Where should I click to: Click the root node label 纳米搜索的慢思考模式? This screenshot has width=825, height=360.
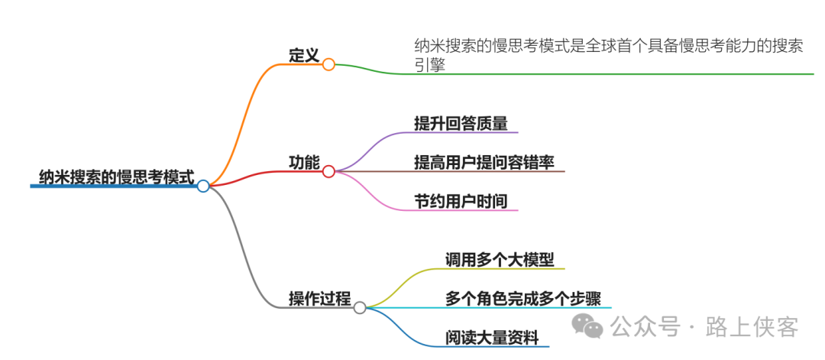tap(116, 177)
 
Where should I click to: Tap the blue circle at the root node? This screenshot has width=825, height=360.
tap(203, 186)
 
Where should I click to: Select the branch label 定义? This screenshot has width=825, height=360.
tap(303, 55)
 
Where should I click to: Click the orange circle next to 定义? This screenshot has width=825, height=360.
tap(328, 64)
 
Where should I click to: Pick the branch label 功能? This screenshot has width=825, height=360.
tap(303, 162)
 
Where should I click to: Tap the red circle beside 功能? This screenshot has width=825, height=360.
tap(328, 171)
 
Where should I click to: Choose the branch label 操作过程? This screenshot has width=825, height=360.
tap(319, 298)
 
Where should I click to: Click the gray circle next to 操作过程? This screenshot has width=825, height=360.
tap(360, 307)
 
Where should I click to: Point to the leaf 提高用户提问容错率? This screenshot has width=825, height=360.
tap(484, 161)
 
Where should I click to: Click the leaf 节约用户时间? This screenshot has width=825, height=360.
tap(460, 200)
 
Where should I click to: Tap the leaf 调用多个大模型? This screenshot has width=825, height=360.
tap(500, 259)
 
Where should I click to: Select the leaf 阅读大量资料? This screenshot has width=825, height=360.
tap(492, 337)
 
